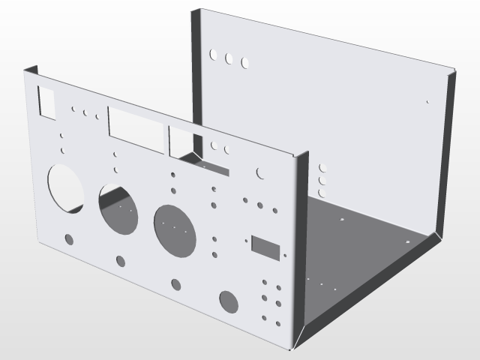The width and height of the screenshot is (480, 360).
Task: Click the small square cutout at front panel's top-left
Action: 46,102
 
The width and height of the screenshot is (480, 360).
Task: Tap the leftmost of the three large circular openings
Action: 66,187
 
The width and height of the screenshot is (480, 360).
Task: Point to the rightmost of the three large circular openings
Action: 175,227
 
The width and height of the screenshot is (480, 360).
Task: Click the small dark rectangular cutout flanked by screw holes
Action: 265,246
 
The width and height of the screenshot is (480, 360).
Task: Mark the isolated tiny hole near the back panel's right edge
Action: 427,101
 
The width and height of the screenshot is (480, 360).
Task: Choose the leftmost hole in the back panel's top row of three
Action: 214,55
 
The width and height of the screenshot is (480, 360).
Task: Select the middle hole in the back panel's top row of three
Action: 229,58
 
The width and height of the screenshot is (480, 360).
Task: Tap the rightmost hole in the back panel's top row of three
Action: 244,62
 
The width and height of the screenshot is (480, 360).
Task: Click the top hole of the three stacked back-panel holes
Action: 322,169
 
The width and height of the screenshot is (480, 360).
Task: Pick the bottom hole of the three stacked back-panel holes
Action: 322,193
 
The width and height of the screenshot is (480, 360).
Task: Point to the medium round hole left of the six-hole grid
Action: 229,301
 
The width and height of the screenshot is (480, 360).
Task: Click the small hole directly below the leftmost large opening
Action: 69,239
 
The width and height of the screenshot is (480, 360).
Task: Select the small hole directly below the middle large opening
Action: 121,260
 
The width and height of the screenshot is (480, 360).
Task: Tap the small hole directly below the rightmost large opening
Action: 176,284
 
